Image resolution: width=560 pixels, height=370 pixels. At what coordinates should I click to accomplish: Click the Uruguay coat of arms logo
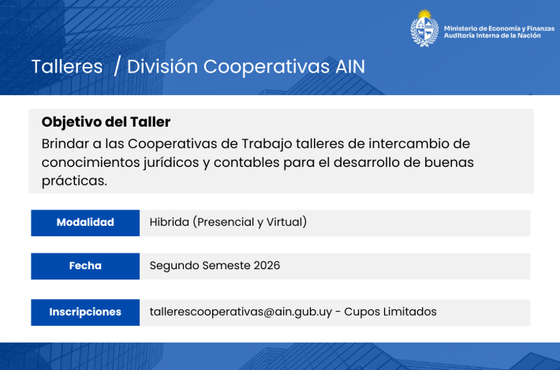(x=424, y=28)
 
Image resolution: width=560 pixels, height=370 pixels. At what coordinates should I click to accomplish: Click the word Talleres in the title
(x=67, y=67)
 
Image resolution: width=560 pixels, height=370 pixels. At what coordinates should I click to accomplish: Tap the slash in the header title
(x=117, y=67)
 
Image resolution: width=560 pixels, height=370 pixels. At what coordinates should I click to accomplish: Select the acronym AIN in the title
(x=350, y=67)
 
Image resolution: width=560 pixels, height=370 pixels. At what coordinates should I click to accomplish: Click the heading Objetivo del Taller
(x=106, y=122)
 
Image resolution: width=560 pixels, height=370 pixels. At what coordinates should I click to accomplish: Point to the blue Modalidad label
(x=85, y=223)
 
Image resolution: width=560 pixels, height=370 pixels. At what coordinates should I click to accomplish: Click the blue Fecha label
(x=85, y=266)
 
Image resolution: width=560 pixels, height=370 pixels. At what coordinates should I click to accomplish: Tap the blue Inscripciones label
(x=85, y=313)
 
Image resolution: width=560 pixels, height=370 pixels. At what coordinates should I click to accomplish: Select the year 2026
(x=267, y=265)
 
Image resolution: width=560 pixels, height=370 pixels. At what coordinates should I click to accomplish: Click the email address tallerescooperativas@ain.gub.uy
(x=241, y=312)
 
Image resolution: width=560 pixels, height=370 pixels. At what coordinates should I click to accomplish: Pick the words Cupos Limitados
(x=390, y=312)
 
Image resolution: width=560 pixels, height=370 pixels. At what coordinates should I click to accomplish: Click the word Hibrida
(x=170, y=222)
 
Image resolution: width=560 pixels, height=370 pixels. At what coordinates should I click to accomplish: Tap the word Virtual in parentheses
(x=284, y=222)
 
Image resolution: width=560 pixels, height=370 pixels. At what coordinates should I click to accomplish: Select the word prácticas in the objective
(x=74, y=181)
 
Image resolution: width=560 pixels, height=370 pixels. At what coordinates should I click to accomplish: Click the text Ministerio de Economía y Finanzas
(x=499, y=28)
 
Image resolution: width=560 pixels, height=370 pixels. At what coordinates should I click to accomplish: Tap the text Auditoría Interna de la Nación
(x=492, y=35)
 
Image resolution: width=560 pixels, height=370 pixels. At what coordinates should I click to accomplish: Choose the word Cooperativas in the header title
(x=267, y=67)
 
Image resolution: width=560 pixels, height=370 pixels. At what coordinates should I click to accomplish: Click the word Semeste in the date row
(x=226, y=265)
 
